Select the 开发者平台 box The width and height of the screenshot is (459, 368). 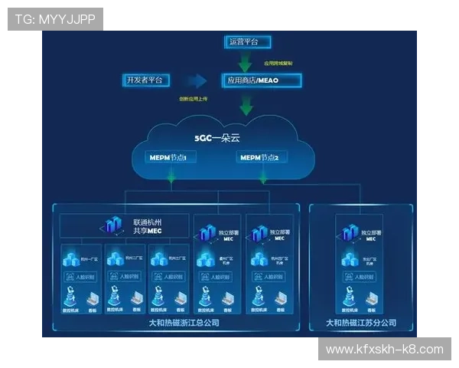pyautogui.click(x=146, y=80)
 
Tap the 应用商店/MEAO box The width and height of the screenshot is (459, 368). pyautogui.click(x=262, y=80)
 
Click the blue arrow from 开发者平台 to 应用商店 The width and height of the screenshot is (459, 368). pyautogui.click(x=197, y=80)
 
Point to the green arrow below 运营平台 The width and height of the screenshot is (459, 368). pyautogui.click(x=246, y=61)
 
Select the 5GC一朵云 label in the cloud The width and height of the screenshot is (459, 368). pyautogui.click(x=216, y=139)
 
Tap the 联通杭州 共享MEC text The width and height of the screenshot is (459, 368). pyautogui.click(x=147, y=225)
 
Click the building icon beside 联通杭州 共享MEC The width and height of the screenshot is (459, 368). pyautogui.click(x=112, y=225)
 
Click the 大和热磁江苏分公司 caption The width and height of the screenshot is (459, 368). pyautogui.click(x=361, y=323)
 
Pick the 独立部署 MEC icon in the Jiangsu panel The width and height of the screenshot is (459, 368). pyautogui.click(x=350, y=231)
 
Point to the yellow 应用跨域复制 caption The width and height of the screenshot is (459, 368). pyautogui.click(x=278, y=64)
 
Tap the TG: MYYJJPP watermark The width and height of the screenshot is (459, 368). pyautogui.click(x=54, y=18)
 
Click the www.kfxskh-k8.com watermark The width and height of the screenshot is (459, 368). pyautogui.click(x=384, y=350)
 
